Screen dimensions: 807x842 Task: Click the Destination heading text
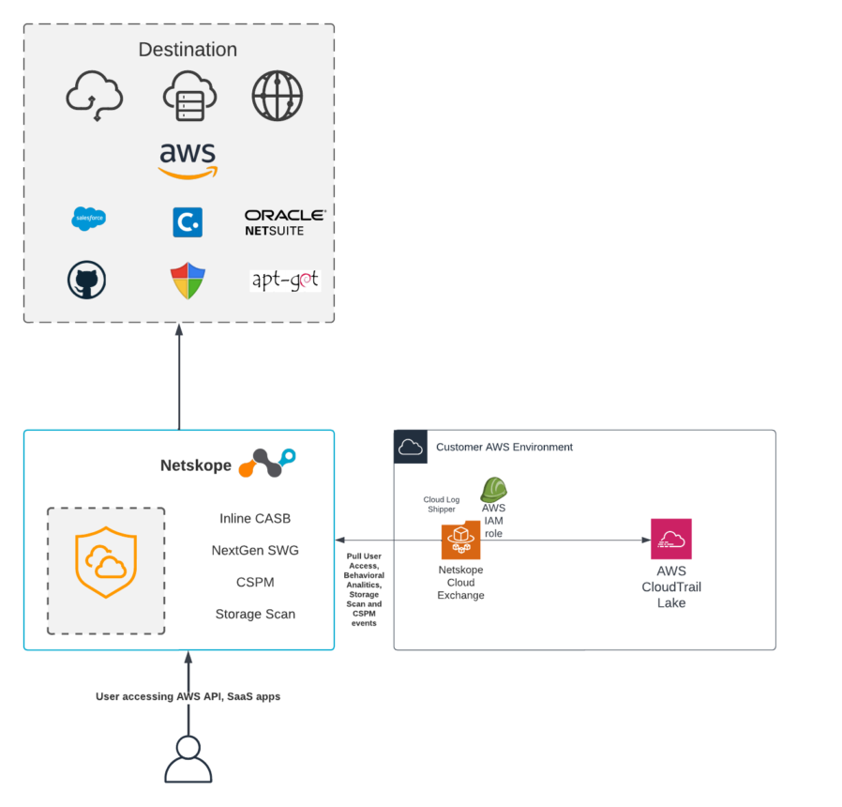[x=188, y=50]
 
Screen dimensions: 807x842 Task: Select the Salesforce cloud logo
[x=89, y=219]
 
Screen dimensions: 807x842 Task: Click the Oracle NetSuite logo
[x=285, y=222]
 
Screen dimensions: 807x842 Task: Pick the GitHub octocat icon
[x=86, y=280]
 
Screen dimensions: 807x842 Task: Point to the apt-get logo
[x=285, y=280]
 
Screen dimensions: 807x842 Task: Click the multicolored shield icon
[x=188, y=281]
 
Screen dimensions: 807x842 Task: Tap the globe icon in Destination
[x=278, y=96]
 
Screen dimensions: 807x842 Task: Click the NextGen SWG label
[x=255, y=550]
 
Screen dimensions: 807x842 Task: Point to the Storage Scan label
[x=255, y=614]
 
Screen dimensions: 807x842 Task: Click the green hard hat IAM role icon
[x=493, y=489]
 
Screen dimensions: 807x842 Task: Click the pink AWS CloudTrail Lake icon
[x=671, y=539]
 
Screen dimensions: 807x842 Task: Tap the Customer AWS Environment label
[x=504, y=447]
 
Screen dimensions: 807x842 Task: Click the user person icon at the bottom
[x=188, y=759]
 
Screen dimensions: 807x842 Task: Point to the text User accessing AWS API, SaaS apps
[x=188, y=696]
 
